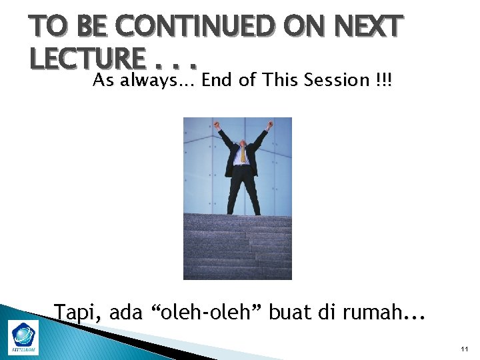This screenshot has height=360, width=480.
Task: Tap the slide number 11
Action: click(x=464, y=349)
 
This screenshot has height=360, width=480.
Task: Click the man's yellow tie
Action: click(x=243, y=155)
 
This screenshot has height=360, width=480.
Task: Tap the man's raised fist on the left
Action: click(x=217, y=124)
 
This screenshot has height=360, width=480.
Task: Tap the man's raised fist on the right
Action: click(x=270, y=124)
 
